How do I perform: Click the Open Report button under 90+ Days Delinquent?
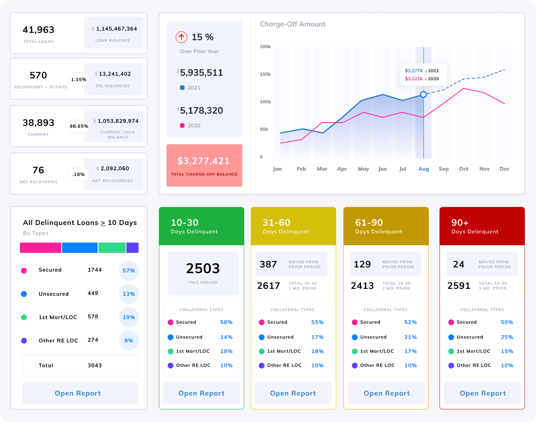[x=482, y=393]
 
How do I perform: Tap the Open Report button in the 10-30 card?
[x=201, y=393]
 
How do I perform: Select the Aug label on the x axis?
[x=423, y=169]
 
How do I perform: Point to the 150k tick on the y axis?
[x=265, y=74]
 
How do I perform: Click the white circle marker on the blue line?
[x=423, y=95]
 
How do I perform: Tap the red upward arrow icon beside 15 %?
[x=181, y=37]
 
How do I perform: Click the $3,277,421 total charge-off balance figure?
[x=204, y=161]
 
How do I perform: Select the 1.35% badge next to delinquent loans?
[x=78, y=80]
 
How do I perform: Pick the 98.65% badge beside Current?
[x=79, y=126]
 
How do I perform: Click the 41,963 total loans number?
[x=38, y=30]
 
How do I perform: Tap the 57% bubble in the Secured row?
[x=129, y=270]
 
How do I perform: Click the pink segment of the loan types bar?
[x=41, y=248]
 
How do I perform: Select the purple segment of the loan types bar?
[x=132, y=248]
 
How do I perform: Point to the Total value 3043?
[x=95, y=365]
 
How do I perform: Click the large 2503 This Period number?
[x=203, y=269]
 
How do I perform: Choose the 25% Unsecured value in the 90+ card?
[x=507, y=337]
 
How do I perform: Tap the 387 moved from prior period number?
[x=268, y=264]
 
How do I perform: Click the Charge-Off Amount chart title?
[x=293, y=24]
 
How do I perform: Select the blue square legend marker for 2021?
[x=182, y=88]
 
